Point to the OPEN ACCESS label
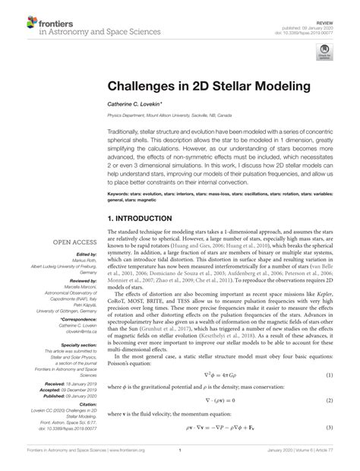(x=71, y=243)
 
